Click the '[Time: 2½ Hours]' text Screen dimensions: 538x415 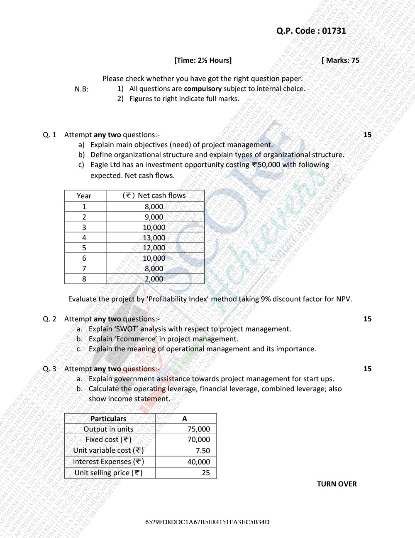point(203,60)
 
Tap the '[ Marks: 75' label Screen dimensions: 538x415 point(340,60)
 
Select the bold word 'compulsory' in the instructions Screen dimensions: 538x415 point(203,89)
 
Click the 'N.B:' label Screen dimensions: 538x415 point(81,89)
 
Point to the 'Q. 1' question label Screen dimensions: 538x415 point(49,135)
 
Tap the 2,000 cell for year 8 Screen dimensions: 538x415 point(154,279)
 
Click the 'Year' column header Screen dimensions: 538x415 point(84,196)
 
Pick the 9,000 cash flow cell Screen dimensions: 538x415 point(154,217)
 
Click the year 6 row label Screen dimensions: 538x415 point(84,258)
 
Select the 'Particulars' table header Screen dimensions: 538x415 point(108,419)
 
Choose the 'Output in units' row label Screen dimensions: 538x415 point(108,429)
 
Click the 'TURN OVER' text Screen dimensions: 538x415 point(337,484)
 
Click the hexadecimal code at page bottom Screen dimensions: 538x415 point(207,522)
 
